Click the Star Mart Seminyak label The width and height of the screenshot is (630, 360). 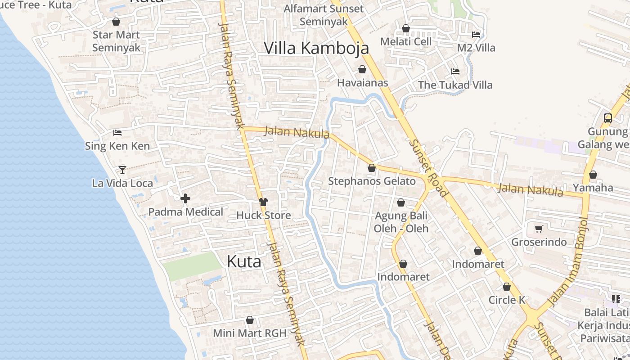(116, 41)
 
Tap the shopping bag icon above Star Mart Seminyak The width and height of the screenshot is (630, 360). (116, 22)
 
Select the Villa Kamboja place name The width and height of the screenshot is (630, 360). (316, 48)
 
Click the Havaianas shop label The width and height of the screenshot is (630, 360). (362, 83)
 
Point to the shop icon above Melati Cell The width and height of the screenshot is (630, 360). (406, 28)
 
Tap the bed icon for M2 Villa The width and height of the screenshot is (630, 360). (476, 35)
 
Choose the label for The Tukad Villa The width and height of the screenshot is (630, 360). (455, 85)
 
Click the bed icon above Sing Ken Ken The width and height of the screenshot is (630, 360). (117, 133)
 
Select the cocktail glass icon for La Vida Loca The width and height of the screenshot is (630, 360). (122, 170)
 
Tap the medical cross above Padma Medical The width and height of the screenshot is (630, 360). (185, 198)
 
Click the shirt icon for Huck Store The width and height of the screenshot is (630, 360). (263, 202)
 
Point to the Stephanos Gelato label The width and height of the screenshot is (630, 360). (372, 181)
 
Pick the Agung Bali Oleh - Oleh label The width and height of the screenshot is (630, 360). (401, 222)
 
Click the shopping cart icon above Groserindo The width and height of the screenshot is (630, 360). (539, 229)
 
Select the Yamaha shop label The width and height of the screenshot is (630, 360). (593, 188)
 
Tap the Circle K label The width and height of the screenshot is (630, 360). (507, 300)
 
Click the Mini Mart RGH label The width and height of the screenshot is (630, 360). (250, 333)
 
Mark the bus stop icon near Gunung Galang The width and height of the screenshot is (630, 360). (607, 118)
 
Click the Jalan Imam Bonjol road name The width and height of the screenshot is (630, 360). (568, 261)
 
